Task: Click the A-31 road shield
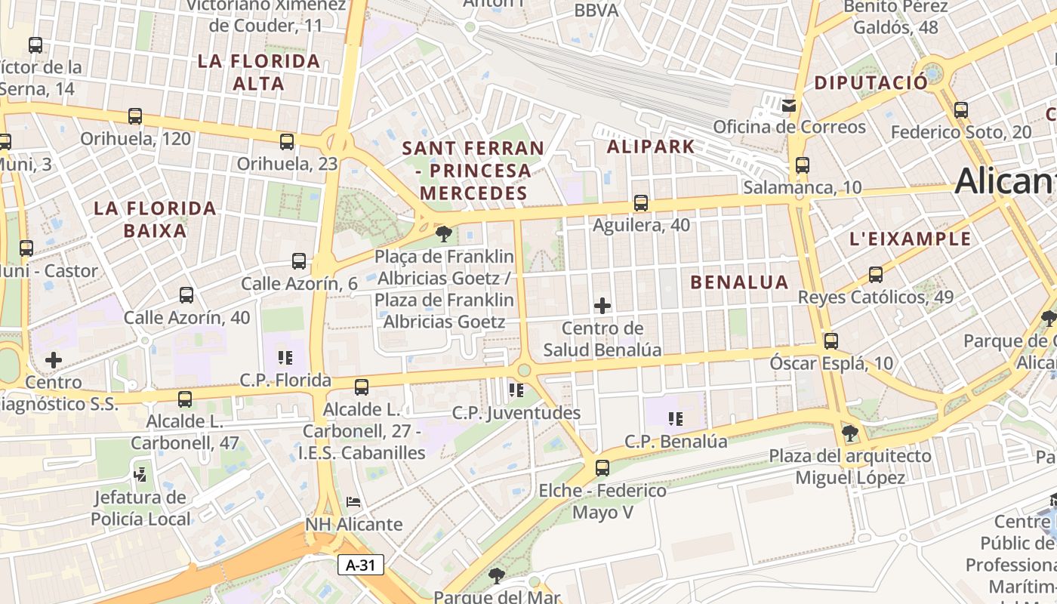pos(361,565)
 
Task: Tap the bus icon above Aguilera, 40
pos(641,202)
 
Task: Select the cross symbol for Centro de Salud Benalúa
pos(602,306)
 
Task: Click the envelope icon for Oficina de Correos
pos(789,105)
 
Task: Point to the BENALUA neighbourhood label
pos(739,282)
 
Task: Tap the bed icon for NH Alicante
pos(353,501)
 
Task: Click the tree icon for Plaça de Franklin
pos(444,233)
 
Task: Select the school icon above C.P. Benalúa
pos(676,418)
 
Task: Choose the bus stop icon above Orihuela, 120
pos(135,116)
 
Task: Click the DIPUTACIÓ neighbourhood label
pos(871,83)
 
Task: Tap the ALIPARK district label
pos(651,146)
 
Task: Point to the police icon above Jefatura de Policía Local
pos(140,474)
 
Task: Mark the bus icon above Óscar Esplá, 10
pos(831,341)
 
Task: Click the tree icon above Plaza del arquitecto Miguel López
pos(850,433)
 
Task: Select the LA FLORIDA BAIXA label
pos(155,219)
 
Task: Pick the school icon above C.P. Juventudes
pos(516,390)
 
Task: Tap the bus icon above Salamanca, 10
pos(802,165)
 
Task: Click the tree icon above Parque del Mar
pos(497,576)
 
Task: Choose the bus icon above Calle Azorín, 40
pos(186,295)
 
